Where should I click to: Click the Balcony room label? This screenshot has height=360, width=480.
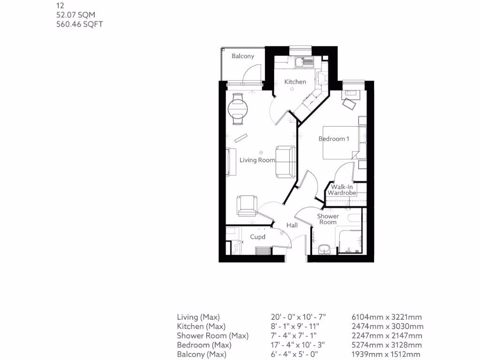(x=243, y=56)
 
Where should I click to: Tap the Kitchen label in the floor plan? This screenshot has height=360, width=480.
(x=295, y=82)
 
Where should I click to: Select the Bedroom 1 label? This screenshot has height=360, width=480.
(x=334, y=139)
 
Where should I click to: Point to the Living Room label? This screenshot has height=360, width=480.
(x=257, y=160)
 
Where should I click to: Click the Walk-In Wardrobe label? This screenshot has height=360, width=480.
(x=342, y=190)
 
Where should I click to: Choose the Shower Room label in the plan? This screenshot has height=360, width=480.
(x=328, y=219)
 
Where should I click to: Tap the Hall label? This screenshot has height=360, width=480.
(x=292, y=225)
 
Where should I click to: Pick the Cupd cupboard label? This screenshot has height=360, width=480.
(x=257, y=237)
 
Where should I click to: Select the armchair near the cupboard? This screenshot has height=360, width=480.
(x=247, y=205)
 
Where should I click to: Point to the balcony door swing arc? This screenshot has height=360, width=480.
(x=253, y=70)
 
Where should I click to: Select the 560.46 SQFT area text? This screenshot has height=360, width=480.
(x=79, y=24)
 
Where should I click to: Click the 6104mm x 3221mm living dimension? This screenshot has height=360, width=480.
(x=387, y=317)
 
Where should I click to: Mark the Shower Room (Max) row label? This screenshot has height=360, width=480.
(x=212, y=336)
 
